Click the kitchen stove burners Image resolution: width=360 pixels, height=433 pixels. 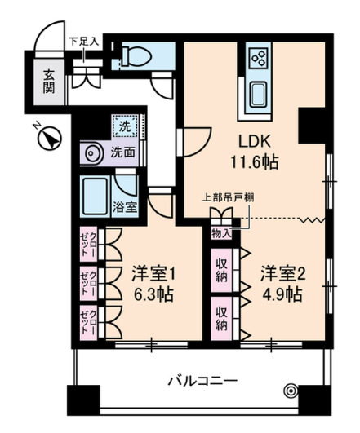click(260, 58)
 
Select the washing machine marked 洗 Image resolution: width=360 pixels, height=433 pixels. click(125, 126)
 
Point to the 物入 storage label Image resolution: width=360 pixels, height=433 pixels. click(220, 233)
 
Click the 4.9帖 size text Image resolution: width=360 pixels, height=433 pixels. click(282, 293)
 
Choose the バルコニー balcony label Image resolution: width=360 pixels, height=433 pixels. click(202, 380)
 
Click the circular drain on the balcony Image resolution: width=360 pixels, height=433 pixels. click(291, 391)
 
